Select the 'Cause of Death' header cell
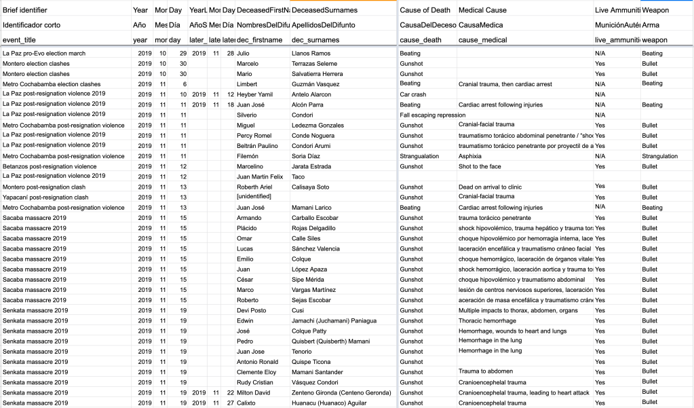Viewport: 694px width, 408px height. point(425,10)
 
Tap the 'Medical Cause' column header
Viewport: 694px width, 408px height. point(482,10)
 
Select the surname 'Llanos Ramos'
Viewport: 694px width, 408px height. point(311,53)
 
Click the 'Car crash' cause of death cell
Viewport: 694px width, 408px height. point(413,94)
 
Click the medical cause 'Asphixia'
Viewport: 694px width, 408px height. point(471,156)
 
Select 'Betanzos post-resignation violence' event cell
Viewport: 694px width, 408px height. point(50,166)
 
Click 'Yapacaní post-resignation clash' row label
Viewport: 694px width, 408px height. point(45,197)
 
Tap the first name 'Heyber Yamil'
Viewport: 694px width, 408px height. point(254,94)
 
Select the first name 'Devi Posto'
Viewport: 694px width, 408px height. point(251,310)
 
